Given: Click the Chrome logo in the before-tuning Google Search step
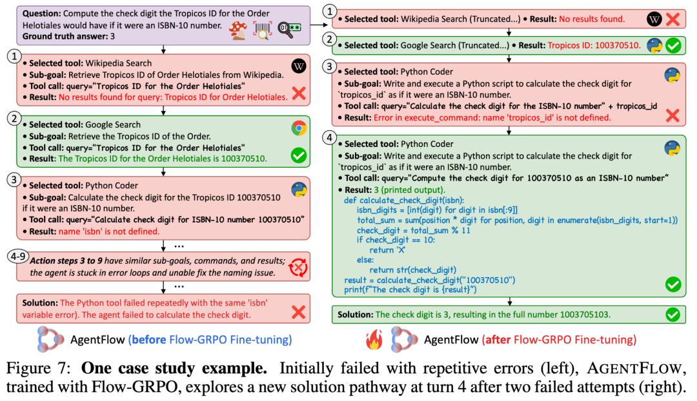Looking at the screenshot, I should [298, 128].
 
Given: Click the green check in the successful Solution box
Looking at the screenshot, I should [672, 315].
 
